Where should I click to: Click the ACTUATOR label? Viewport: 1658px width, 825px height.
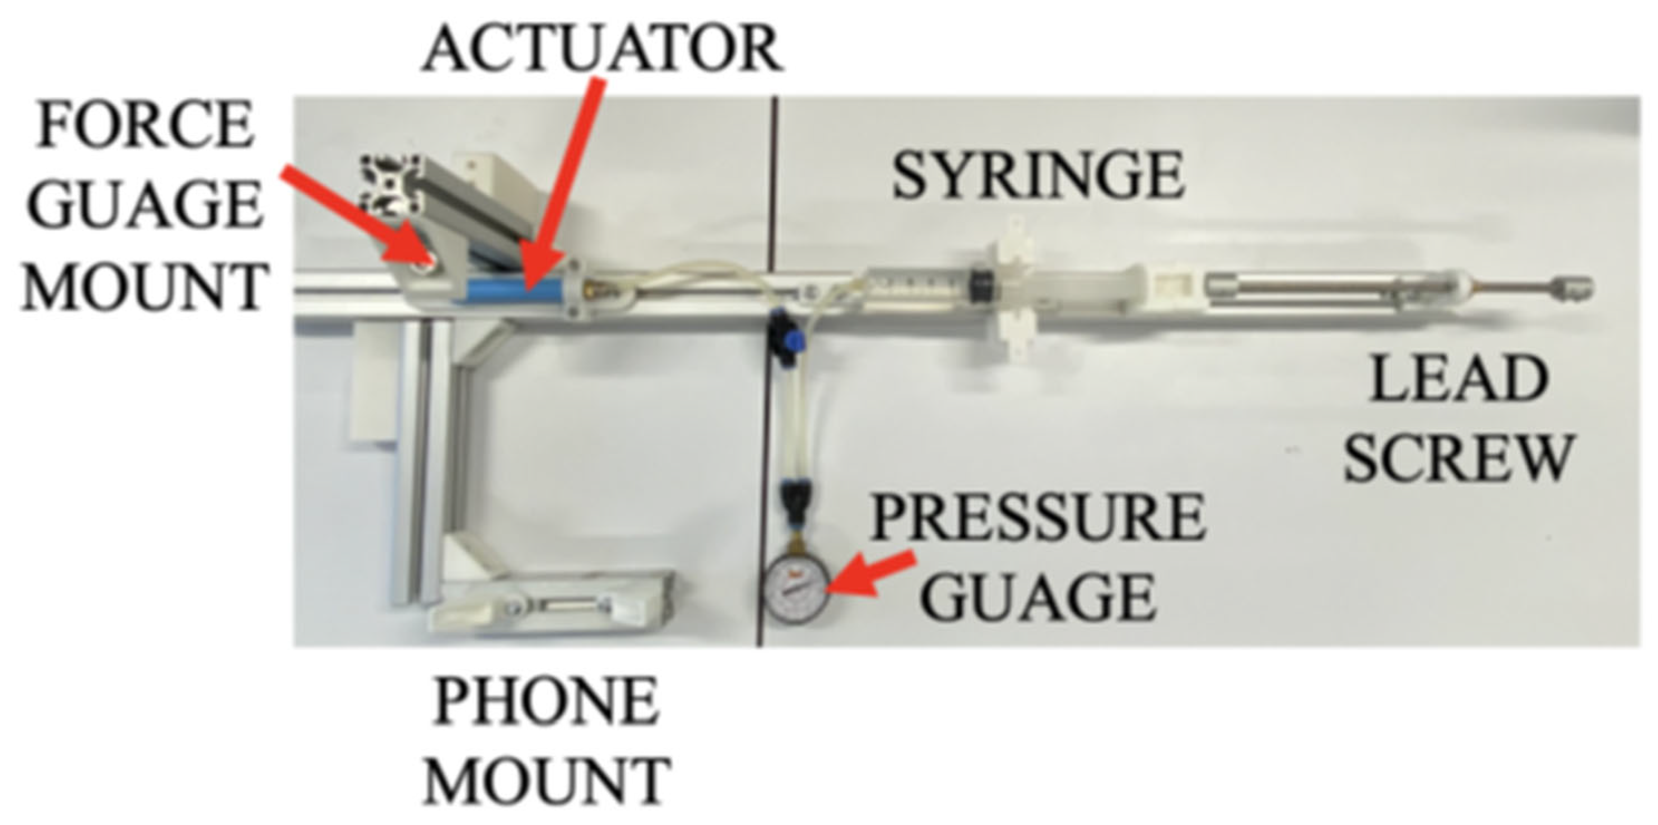[602, 50]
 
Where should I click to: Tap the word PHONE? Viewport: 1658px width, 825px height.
[547, 703]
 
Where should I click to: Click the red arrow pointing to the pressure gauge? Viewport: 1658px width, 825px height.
[872, 572]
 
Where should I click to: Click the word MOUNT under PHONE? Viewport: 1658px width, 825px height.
[547, 780]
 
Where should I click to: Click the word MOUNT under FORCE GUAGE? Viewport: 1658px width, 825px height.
[144, 287]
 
